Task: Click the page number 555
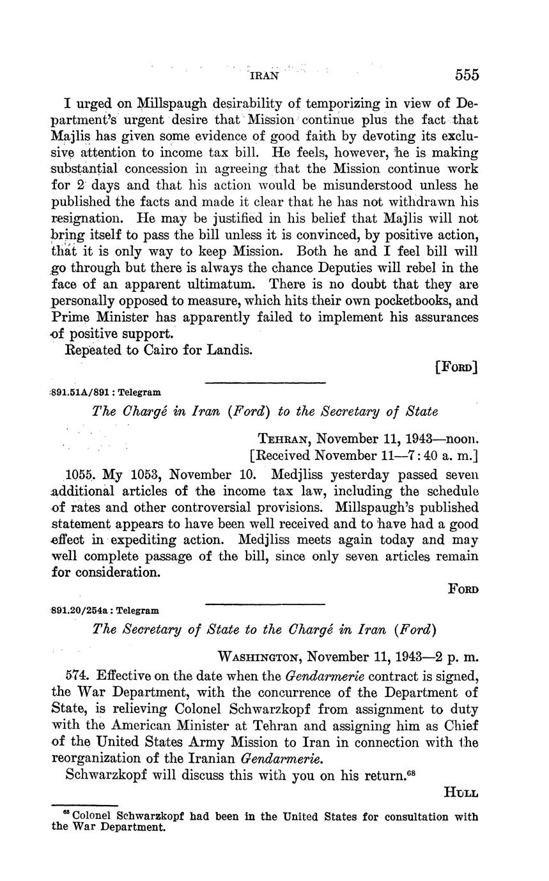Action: (467, 75)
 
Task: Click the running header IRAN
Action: (263, 75)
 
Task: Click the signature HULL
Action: (461, 793)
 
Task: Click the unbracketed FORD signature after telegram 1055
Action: (463, 590)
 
